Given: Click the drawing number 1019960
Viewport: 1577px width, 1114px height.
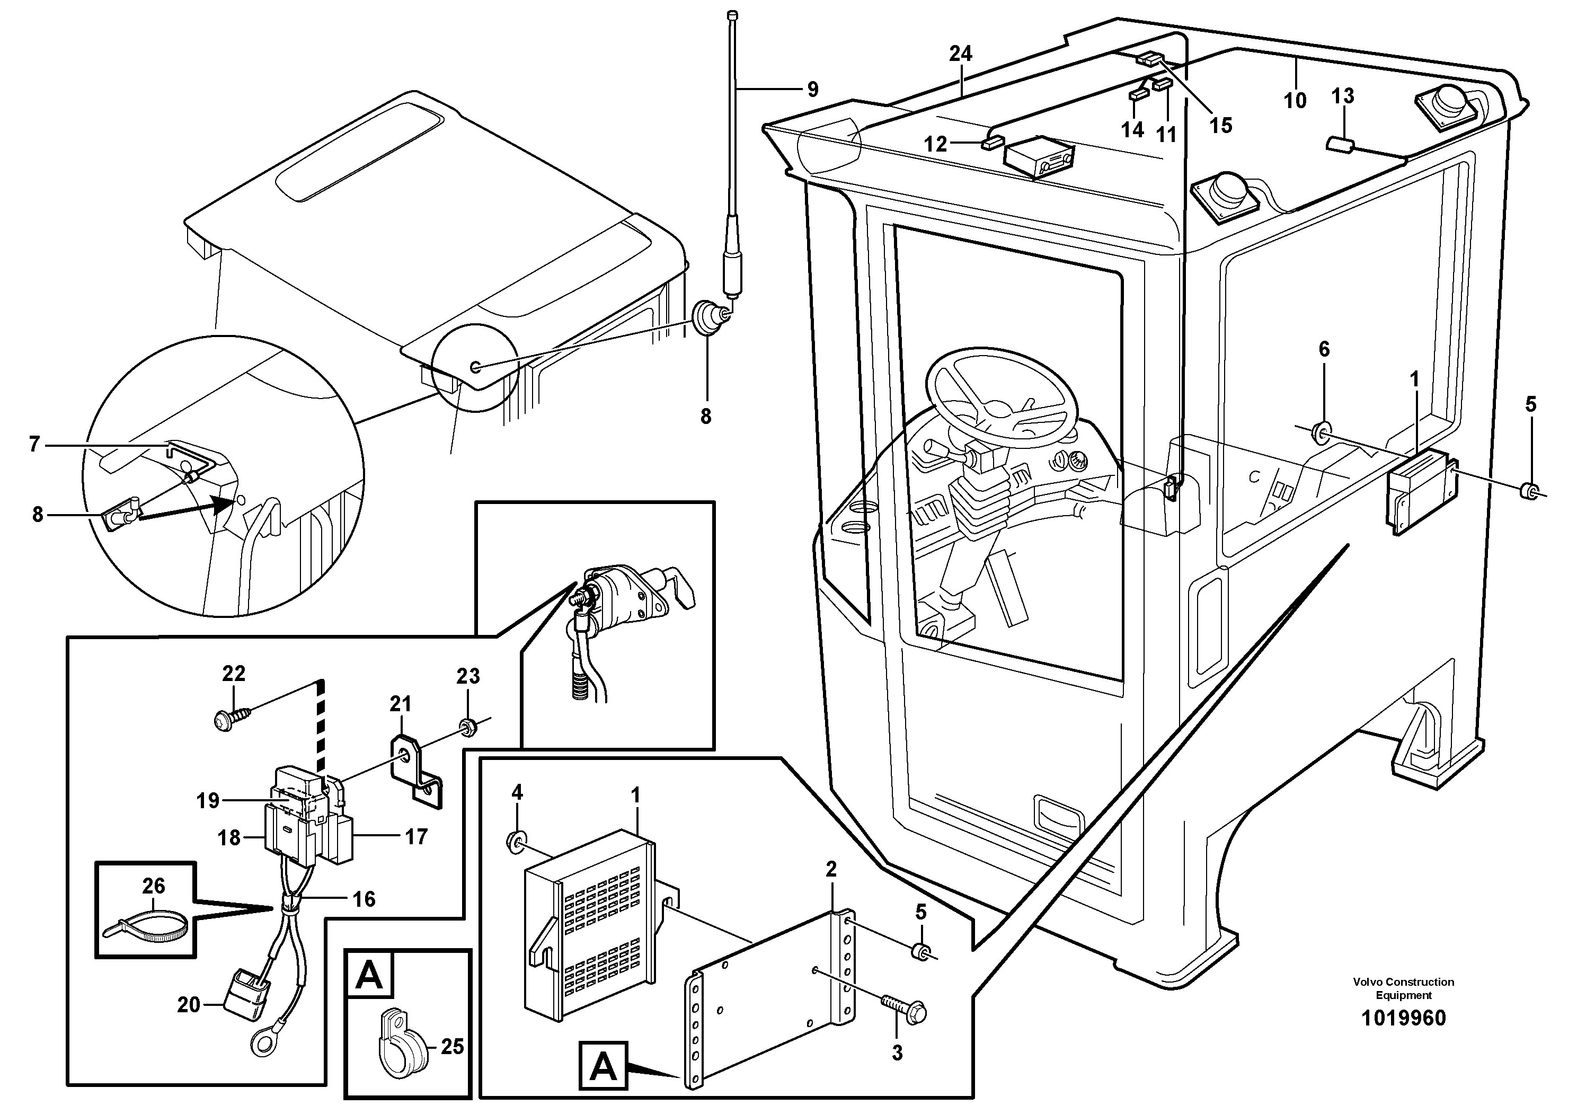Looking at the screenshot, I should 1403,1017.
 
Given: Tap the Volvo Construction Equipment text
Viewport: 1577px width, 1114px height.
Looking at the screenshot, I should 1403,988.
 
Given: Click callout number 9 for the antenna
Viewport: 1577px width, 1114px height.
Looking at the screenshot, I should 812,89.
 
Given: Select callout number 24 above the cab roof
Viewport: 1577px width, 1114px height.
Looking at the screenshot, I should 961,54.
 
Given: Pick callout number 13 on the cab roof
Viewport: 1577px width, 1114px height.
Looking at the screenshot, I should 1342,96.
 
